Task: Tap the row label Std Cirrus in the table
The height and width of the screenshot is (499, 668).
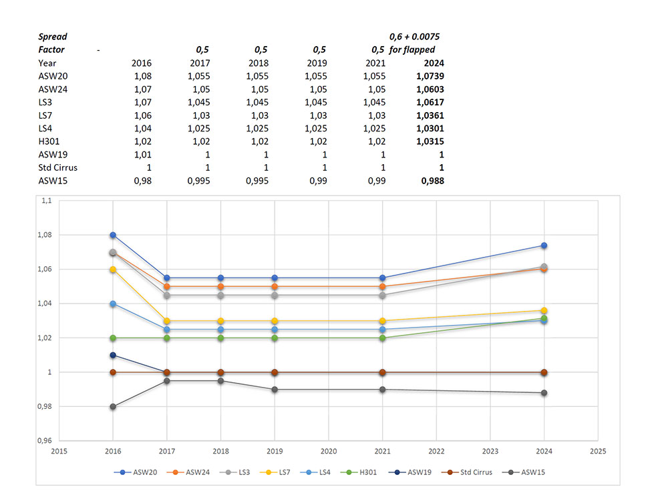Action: pyautogui.click(x=58, y=167)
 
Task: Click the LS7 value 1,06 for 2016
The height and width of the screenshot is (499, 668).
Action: pyautogui.click(x=142, y=116)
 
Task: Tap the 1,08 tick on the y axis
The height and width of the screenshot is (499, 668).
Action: pyautogui.click(x=48, y=235)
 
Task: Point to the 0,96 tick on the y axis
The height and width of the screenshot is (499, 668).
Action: pyautogui.click(x=48, y=440)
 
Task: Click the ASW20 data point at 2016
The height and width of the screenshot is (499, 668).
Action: pyautogui.click(x=113, y=235)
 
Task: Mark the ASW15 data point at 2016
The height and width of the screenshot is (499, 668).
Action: pyautogui.click(x=113, y=406)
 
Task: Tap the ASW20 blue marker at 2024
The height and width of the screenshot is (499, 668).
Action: pyautogui.click(x=544, y=245)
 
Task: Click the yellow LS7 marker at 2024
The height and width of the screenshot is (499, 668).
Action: pyautogui.click(x=544, y=310)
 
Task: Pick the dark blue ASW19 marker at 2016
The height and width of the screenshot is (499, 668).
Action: pyautogui.click(x=113, y=355)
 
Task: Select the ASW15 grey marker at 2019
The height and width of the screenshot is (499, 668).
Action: pyautogui.click(x=275, y=389)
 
